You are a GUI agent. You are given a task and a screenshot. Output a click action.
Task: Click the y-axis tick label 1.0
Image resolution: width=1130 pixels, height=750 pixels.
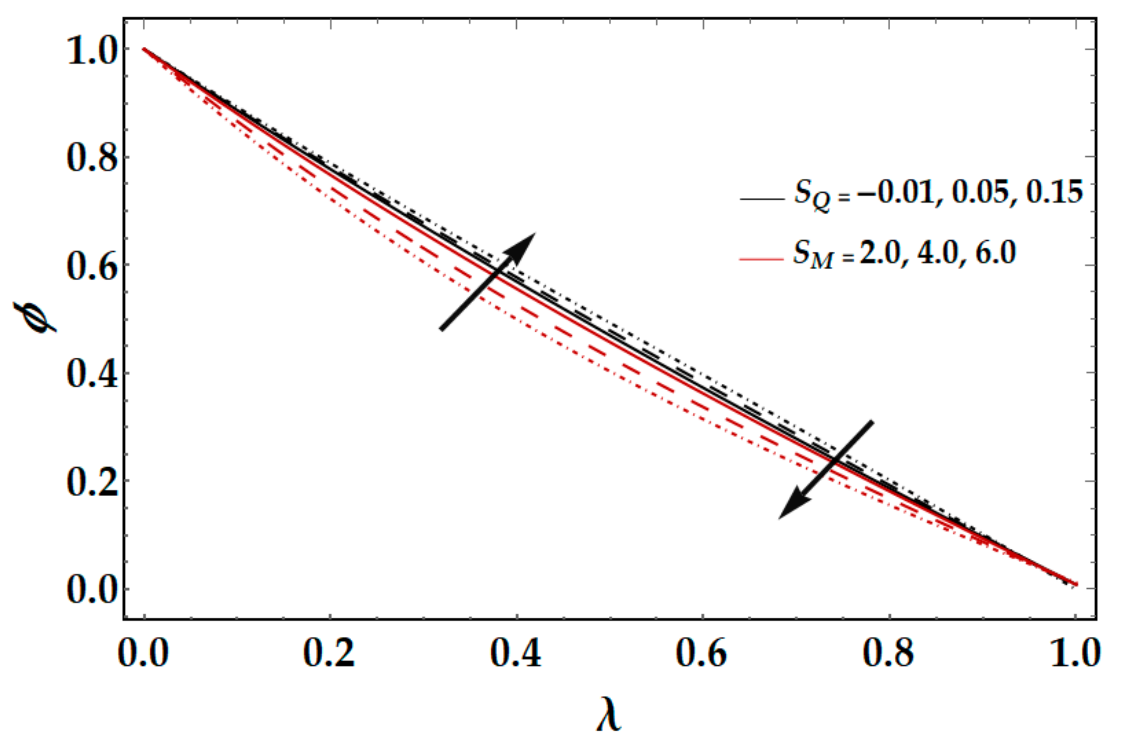[x=92, y=51]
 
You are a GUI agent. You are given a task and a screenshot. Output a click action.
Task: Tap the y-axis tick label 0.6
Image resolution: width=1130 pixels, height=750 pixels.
[x=92, y=267]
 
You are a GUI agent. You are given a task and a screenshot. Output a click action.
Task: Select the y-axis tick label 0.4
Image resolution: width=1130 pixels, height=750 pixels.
[x=92, y=375]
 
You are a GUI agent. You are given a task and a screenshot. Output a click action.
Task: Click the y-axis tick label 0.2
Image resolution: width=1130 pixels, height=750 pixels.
[x=92, y=482]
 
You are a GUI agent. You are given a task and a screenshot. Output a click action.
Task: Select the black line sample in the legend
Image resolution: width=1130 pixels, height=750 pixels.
[x=762, y=198]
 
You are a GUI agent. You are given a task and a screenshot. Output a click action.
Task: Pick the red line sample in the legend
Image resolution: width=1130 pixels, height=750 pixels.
[x=762, y=259]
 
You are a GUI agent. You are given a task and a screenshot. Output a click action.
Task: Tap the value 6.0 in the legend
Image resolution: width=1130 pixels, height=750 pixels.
[x=995, y=253]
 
